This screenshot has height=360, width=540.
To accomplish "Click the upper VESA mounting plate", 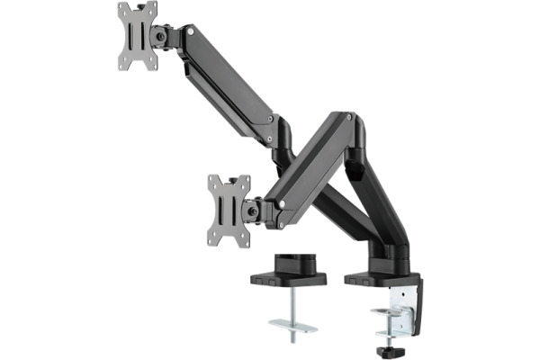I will click(x=138, y=36).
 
